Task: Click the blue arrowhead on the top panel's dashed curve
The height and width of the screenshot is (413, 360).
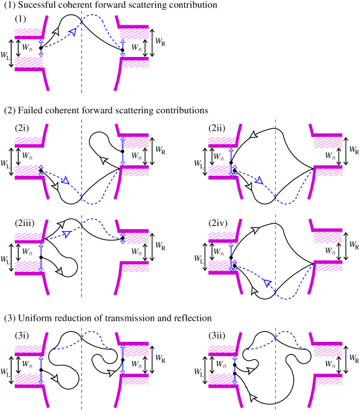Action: [73, 32]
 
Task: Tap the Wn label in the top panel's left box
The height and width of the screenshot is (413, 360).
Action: [27, 48]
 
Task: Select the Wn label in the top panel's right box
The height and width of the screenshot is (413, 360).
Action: [136, 48]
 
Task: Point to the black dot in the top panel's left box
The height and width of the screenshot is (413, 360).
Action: [41, 48]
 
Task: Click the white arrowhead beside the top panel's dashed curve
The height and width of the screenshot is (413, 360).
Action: [56, 31]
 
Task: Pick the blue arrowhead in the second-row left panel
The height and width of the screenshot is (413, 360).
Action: [65, 181]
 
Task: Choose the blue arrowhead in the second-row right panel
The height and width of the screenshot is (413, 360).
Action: [259, 181]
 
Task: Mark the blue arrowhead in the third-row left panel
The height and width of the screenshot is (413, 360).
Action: [66, 233]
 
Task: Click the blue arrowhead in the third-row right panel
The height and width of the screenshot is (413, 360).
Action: [267, 283]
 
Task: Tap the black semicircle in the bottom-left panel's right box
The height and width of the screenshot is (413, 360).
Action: [115, 356]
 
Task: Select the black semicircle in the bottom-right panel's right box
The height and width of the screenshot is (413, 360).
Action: [309, 356]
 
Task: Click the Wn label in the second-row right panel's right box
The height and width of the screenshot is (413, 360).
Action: [330, 156]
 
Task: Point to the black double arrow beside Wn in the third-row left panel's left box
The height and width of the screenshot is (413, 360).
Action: [19, 252]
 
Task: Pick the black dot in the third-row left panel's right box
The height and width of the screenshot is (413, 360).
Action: [123, 238]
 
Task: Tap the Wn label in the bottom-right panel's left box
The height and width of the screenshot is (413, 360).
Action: [221, 364]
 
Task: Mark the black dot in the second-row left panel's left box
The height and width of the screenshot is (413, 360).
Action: [41, 170]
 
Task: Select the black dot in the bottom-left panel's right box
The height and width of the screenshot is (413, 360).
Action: [123, 360]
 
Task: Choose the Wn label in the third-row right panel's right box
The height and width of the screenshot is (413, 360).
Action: [330, 251]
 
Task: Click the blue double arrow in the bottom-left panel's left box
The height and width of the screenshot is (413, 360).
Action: [41, 364]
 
